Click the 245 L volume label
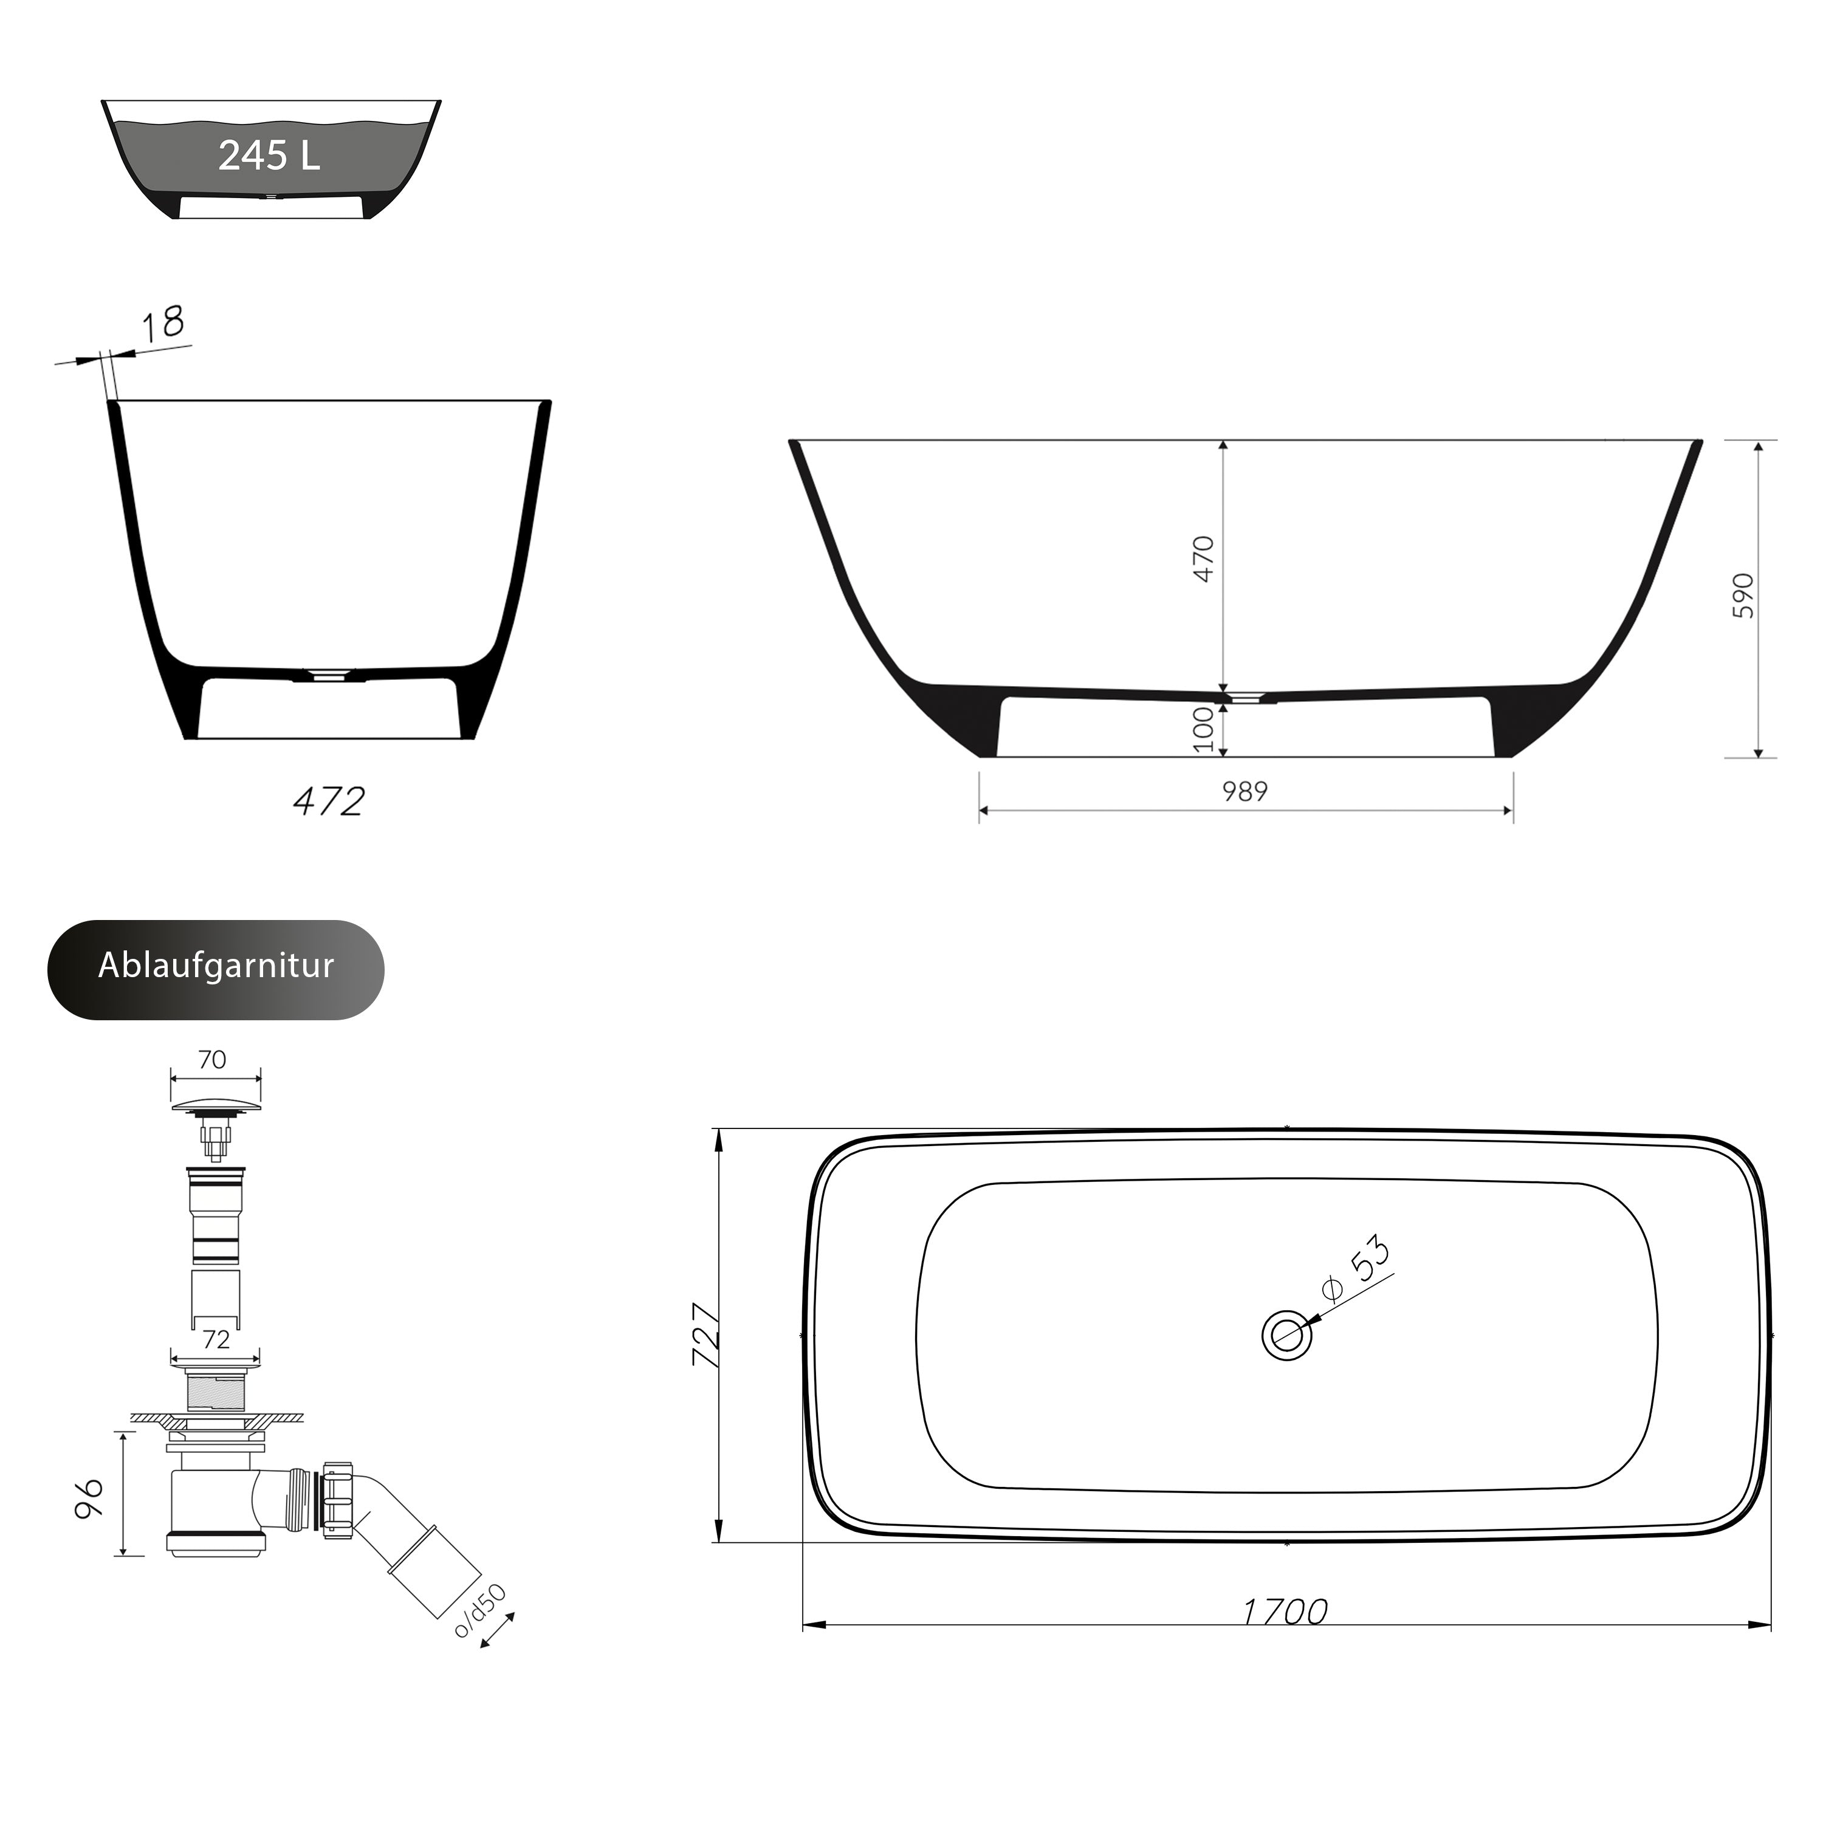[270, 156]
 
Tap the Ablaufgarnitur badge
[216, 970]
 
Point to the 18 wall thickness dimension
[163, 324]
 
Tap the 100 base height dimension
[1203, 729]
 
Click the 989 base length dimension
[1246, 792]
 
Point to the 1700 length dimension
[1285, 1612]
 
